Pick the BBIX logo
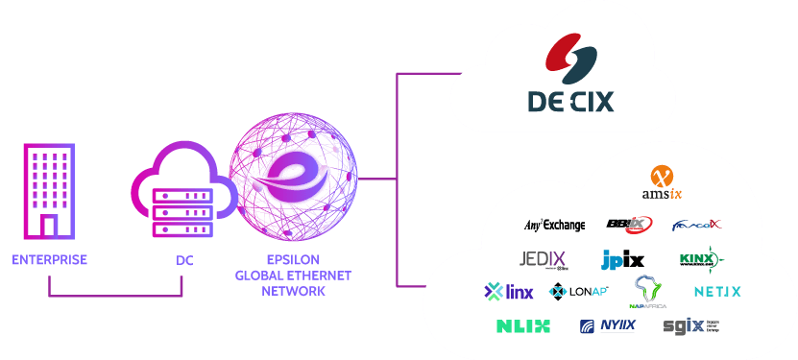(629, 225)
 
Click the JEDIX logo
(543, 259)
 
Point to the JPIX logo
(622, 259)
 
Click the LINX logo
(508, 291)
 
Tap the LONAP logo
(578, 291)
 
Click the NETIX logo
(717, 291)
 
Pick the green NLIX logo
(523, 326)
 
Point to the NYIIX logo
(607, 326)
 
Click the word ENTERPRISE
(49, 260)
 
